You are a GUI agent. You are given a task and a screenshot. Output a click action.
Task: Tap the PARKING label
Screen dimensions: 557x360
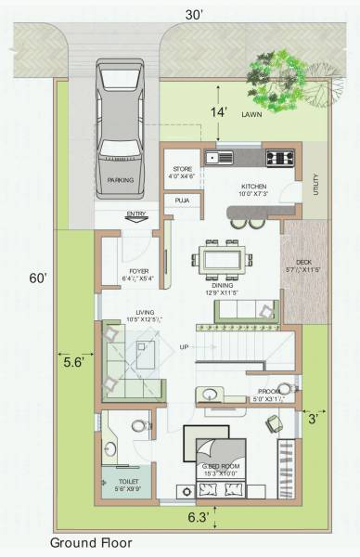(x=121, y=180)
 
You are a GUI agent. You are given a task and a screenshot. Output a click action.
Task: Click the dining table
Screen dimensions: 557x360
(x=221, y=256)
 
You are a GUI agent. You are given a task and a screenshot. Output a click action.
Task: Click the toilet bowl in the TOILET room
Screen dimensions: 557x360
(x=139, y=426)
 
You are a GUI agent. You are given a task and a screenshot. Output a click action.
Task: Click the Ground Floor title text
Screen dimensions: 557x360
(x=91, y=542)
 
